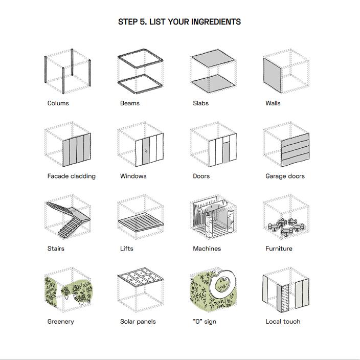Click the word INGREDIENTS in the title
pyautogui.click(x=216, y=22)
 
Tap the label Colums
pyautogui.click(x=58, y=103)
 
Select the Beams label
pyautogui.click(x=130, y=103)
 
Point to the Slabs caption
pyautogui.click(x=200, y=103)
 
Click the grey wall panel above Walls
pyautogui.click(x=272, y=75)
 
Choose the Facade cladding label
pyautogui.click(x=72, y=176)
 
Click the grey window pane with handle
pyautogui.click(x=146, y=151)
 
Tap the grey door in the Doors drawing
pyautogui.click(x=226, y=152)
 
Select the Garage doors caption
pyautogui.click(x=285, y=176)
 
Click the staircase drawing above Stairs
pyautogui.click(x=69, y=219)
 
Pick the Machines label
pyautogui.click(x=207, y=249)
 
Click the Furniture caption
pyautogui.click(x=279, y=249)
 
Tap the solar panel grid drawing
pyautogui.click(x=140, y=277)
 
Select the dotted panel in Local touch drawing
pyautogui.click(x=285, y=298)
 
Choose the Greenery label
pyautogui.click(x=61, y=322)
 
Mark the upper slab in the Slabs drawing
pyautogui.click(x=213, y=58)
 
